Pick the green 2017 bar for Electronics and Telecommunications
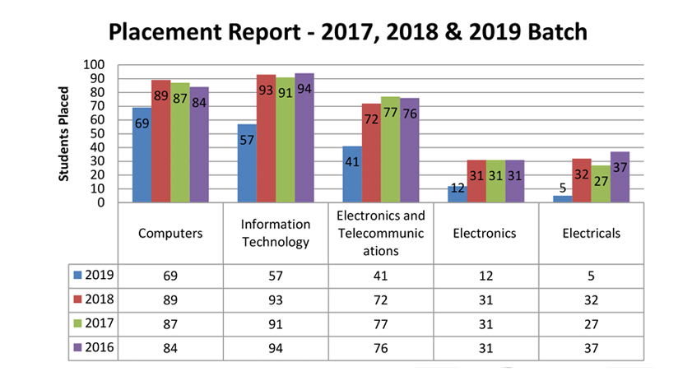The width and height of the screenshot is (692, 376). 390,149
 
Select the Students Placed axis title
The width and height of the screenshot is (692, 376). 64,133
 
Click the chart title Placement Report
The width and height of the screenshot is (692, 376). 348,32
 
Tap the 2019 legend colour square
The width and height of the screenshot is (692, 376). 78,275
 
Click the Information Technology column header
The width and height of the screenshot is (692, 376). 276,233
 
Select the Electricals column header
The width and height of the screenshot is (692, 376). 591,233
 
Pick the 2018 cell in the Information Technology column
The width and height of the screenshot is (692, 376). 276,299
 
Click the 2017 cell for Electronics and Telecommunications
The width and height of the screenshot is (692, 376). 380,323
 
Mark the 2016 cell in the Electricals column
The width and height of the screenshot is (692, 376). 591,347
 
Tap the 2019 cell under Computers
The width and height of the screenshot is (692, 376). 170,275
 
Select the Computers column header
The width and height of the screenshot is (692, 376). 170,233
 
